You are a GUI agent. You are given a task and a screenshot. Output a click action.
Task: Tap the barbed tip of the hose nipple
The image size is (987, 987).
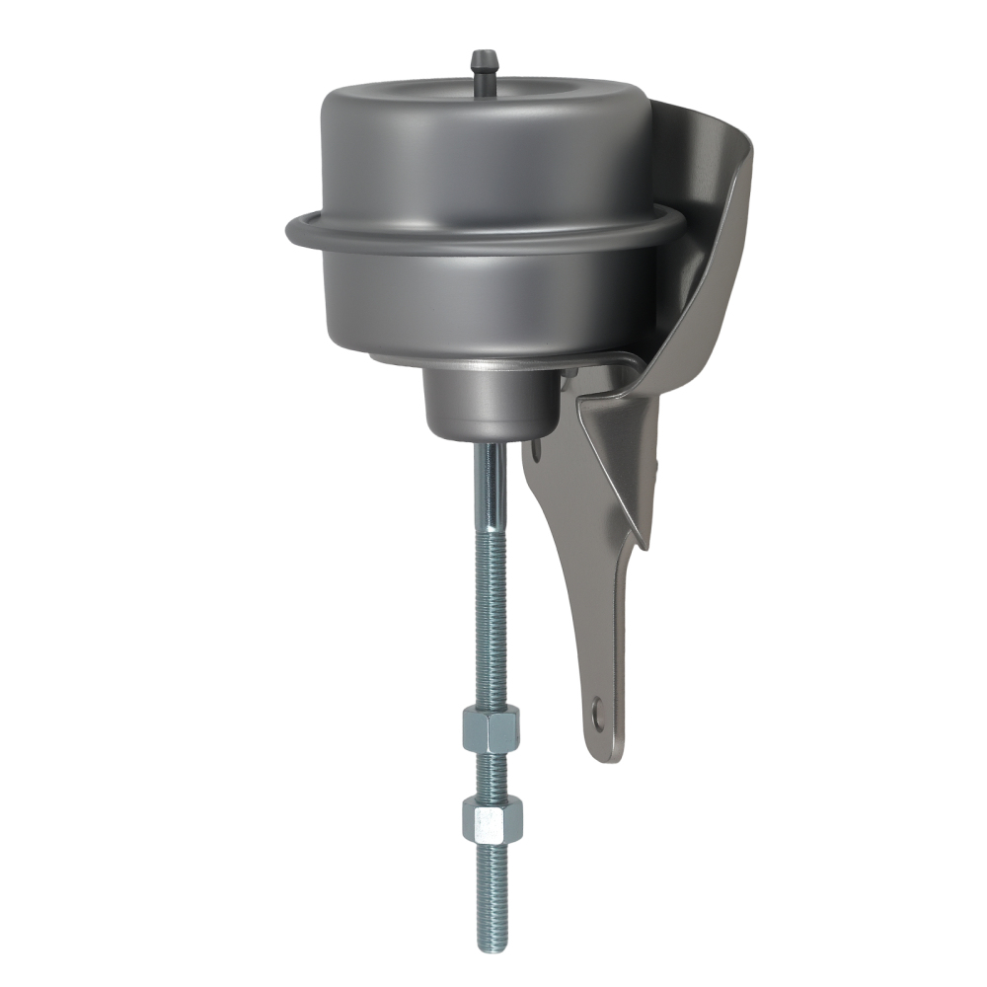(x=484, y=57)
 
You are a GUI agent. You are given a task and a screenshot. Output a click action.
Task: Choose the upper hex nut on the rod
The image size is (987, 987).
(x=491, y=730)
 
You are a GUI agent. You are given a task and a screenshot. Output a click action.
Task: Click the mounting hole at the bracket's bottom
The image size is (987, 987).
(x=596, y=708)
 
